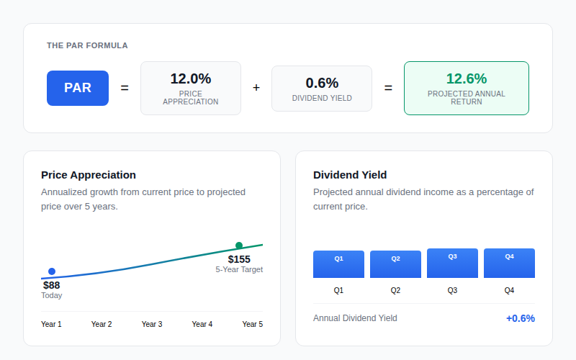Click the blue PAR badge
point(78,88)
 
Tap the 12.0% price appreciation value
point(191,78)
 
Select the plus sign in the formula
point(256,88)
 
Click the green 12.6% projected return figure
point(467,78)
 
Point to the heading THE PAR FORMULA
point(87,45)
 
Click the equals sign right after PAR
point(125,88)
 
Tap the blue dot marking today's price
point(52,271)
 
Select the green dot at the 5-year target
point(239,246)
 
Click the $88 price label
point(51,285)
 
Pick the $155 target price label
point(239,259)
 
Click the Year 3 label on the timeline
point(152,325)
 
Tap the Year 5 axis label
point(253,325)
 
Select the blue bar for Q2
point(395,264)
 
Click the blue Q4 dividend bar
point(509,263)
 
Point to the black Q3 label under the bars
point(452,291)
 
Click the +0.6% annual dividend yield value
point(520,318)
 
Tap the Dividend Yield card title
point(350,175)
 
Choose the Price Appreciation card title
point(89,175)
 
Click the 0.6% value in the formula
point(322,83)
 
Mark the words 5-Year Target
point(239,269)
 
